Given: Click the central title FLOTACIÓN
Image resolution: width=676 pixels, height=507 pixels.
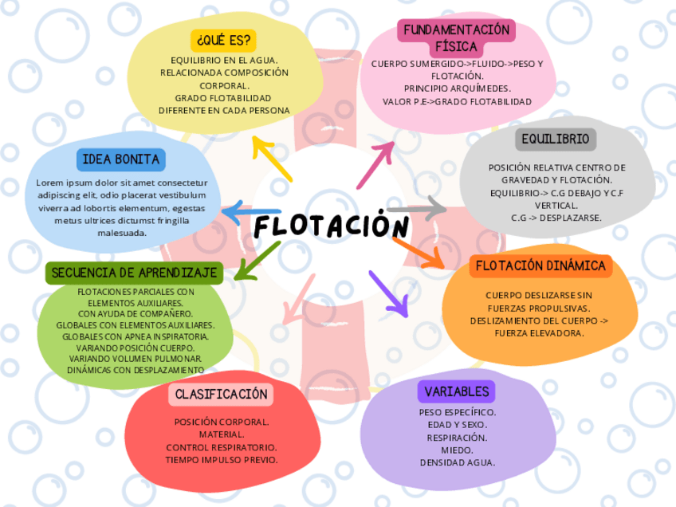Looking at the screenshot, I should [332, 227].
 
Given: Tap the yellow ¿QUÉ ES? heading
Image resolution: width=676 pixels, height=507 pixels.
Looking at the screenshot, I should [223, 40].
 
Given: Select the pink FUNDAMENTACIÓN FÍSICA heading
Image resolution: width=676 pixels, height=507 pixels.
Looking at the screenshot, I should [456, 38].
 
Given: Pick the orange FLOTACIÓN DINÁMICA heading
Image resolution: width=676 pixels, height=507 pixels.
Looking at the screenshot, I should [540, 265].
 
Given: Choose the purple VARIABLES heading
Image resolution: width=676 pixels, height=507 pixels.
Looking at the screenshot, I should [456, 391].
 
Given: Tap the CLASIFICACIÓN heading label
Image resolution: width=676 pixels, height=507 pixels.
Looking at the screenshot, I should [221, 394].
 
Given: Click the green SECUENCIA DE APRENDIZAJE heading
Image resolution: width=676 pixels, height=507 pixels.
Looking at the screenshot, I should [134, 273].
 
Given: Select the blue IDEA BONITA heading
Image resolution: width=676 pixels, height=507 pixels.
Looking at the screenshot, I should [121, 159].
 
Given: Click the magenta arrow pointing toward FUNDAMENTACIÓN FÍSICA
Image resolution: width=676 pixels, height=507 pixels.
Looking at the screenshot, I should [375, 164].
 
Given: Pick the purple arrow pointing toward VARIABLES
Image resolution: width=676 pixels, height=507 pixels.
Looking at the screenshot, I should [388, 293].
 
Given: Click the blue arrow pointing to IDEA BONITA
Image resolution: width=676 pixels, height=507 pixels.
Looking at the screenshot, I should [250, 213].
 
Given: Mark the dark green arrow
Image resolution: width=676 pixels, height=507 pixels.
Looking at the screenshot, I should [257, 261].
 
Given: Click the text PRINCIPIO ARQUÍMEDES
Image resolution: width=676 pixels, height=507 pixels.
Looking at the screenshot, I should [457, 88].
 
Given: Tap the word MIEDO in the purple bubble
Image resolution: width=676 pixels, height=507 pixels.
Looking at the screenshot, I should [457, 450].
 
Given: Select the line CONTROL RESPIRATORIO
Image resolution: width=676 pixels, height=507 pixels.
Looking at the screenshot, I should [221, 447].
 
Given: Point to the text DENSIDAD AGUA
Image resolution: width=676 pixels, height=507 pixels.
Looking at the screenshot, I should [457, 462].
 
